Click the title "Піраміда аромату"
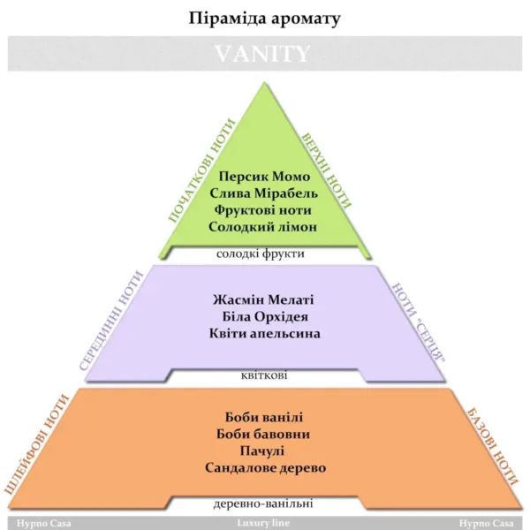point(264,19)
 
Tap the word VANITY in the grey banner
point(262,54)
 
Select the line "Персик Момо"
point(264,177)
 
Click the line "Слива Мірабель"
point(263,193)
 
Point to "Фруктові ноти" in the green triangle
point(262,210)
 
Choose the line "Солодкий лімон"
point(263,227)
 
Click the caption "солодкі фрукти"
point(261,254)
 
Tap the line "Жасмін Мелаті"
point(263,299)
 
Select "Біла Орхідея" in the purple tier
point(265,317)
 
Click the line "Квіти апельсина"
point(265,334)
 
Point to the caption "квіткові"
point(264,375)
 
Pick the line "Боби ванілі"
point(264,417)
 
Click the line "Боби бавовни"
point(263,434)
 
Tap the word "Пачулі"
point(262,451)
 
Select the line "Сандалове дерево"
point(266,468)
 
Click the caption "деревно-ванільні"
point(263,503)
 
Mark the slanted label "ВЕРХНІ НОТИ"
point(326,170)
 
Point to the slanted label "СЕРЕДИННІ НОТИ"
point(111,322)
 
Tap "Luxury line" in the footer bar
point(263,523)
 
